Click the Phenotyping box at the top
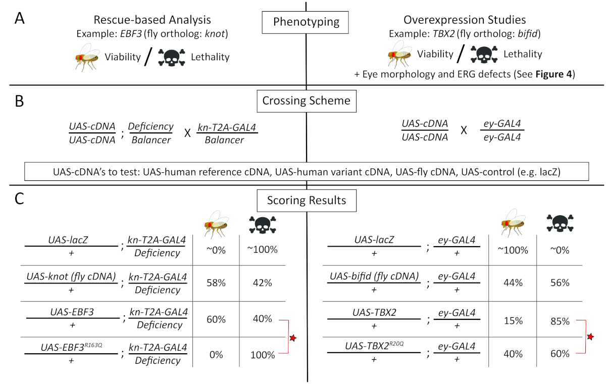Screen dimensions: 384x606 pyautogui.click(x=306, y=22)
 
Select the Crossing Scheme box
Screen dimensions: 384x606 pyautogui.click(x=306, y=100)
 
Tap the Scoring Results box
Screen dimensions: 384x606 pyautogui.click(x=306, y=200)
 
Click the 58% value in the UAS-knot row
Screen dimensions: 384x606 pyautogui.click(x=216, y=283)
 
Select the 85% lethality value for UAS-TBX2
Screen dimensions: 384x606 pyautogui.click(x=559, y=321)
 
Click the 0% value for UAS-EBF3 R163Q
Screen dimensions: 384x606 pyautogui.click(x=216, y=355)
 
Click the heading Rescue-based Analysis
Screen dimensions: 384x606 pyautogui.click(x=152, y=20)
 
